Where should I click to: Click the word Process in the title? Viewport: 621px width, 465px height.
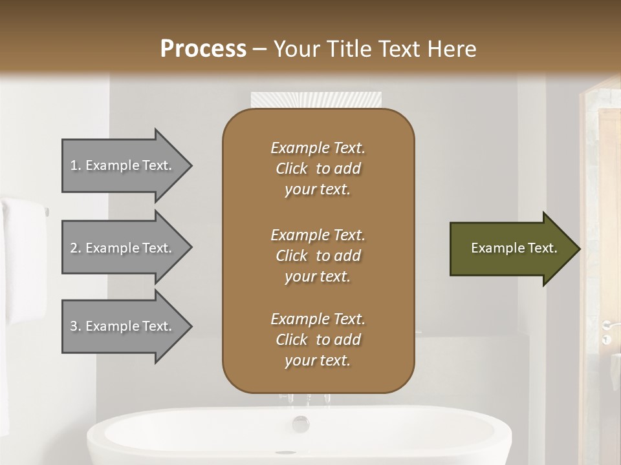[203, 49]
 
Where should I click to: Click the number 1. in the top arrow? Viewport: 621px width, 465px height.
[76, 165]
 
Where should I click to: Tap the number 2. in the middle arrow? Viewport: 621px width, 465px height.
[76, 248]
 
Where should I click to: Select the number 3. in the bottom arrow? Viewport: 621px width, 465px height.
[76, 326]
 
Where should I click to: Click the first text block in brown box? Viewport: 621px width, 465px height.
[318, 169]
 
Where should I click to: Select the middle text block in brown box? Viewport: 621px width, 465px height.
[318, 255]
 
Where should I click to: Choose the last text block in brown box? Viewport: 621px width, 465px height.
[318, 340]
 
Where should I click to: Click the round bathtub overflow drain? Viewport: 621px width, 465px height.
[301, 424]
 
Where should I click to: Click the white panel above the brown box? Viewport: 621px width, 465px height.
[315, 100]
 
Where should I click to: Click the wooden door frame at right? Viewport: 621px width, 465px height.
[608, 194]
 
